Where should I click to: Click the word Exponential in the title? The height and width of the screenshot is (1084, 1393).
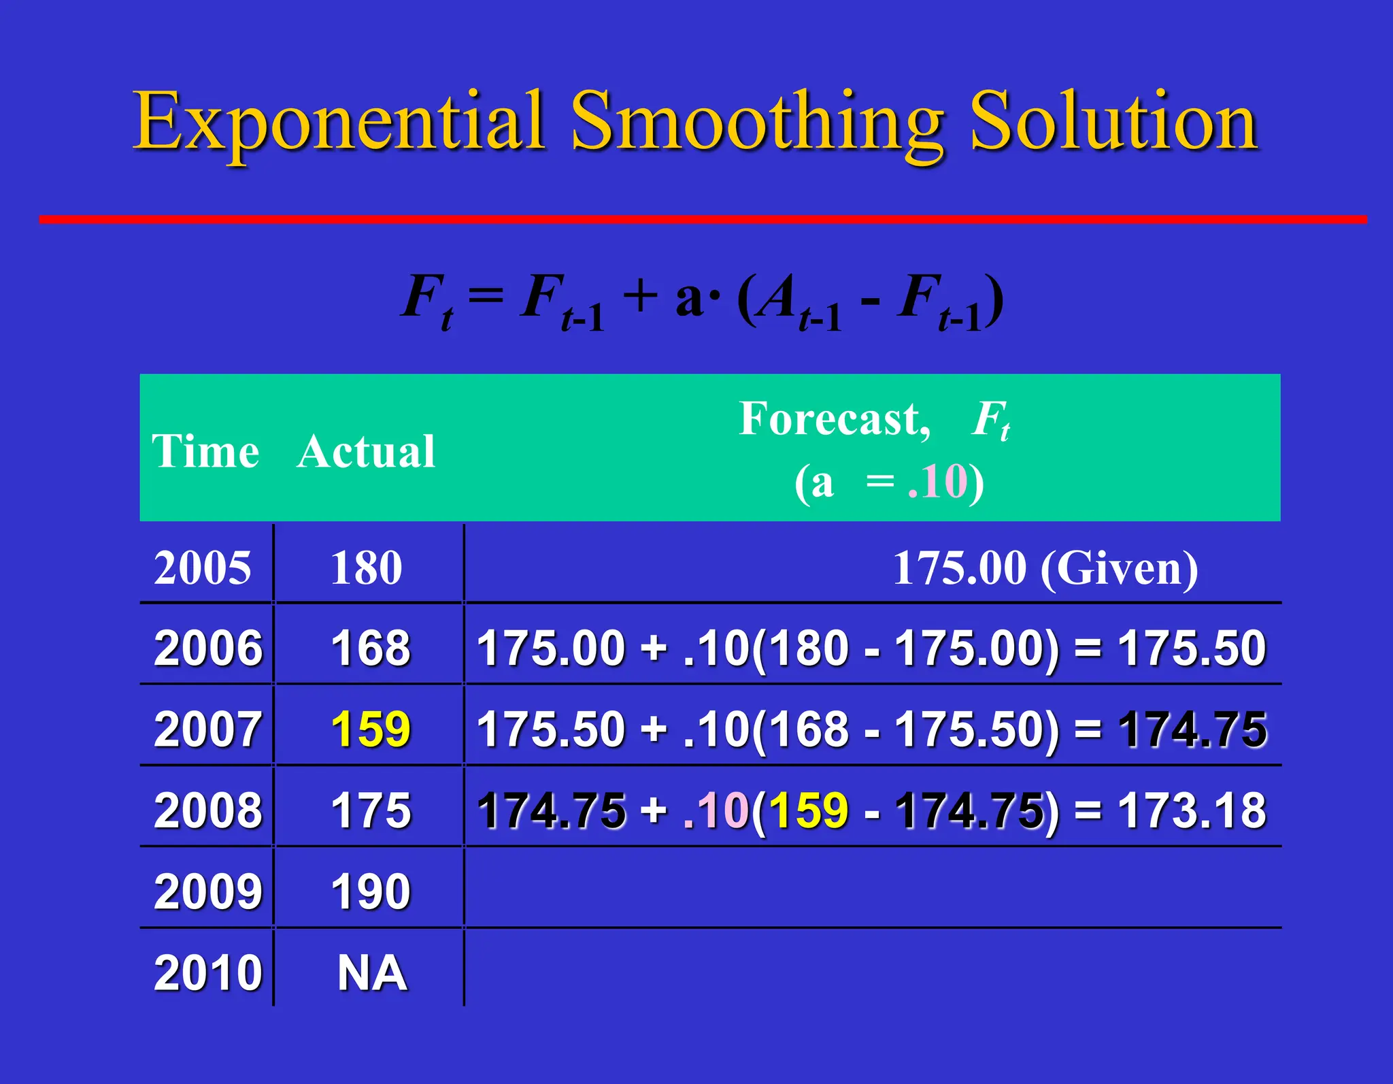pyautogui.click(x=338, y=122)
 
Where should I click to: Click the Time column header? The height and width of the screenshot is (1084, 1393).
pyautogui.click(x=205, y=451)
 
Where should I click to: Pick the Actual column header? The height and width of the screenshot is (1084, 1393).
pyautogui.click(x=366, y=451)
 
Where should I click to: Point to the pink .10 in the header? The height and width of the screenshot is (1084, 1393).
pyautogui.click(x=937, y=482)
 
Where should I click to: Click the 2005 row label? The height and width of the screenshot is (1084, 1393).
pyautogui.click(x=203, y=568)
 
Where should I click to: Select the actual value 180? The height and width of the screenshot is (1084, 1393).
pyautogui.click(x=367, y=568)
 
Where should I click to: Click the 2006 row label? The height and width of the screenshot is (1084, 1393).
pyautogui.click(x=207, y=648)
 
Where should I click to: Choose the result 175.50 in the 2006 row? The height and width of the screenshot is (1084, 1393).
pyautogui.click(x=1192, y=648)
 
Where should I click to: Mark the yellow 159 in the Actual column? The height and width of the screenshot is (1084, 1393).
pyautogui.click(x=371, y=729)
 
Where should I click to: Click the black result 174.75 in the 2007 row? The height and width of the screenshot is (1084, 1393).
pyautogui.click(x=1192, y=729)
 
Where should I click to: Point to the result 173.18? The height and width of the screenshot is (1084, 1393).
pyautogui.click(x=1192, y=810)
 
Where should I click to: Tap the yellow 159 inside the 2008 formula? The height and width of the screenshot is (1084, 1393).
pyautogui.click(x=809, y=810)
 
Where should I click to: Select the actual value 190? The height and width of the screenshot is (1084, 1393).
pyautogui.click(x=371, y=891)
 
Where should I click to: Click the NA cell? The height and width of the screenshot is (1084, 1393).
pyautogui.click(x=372, y=973)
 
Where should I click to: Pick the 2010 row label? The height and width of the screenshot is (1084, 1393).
pyautogui.click(x=207, y=973)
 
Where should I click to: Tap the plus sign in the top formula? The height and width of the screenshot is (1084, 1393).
pyautogui.click(x=639, y=297)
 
